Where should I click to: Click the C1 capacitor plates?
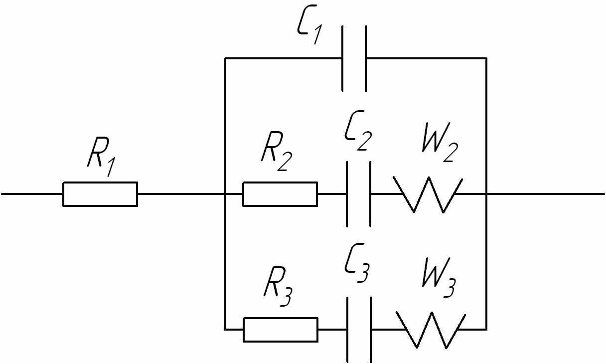[354, 58]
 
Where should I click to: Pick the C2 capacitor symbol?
[359, 194]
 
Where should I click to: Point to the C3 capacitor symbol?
[359, 330]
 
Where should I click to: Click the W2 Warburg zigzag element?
[428, 194]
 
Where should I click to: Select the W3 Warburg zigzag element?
[431, 330]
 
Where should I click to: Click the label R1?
[102, 157]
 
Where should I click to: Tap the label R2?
[277, 151]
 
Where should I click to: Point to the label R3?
[278, 287]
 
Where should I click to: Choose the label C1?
[309, 24]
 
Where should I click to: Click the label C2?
[358, 131]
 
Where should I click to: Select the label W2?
[440, 142]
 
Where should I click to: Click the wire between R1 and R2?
[190, 194]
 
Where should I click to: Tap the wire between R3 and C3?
[332, 330]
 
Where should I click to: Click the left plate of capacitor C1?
[342, 58]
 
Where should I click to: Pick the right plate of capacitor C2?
[370, 194]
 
